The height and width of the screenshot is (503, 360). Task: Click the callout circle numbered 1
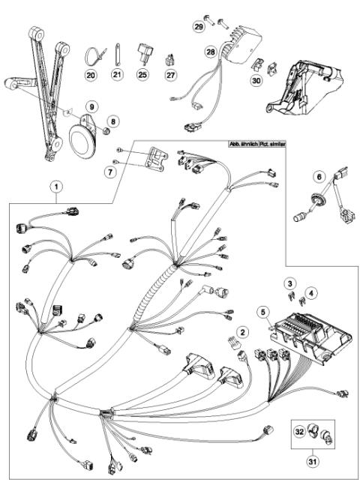pos(58,184)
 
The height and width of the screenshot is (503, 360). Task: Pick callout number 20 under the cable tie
pos(91,75)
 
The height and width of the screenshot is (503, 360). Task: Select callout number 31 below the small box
pos(311,461)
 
